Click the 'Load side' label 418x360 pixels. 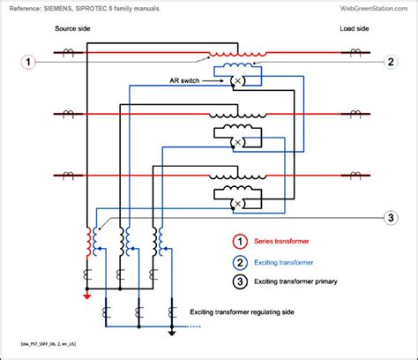tap(354, 30)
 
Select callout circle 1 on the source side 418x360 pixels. tap(29, 63)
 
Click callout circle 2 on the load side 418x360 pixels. tap(391, 63)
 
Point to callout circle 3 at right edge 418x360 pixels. tap(391, 219)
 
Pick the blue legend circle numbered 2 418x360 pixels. tap(238, 262)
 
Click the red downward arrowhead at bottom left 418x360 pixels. tap(86, 296)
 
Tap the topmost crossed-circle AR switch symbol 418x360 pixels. tap(237, 81)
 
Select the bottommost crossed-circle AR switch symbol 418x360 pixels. tap(237, 205)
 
